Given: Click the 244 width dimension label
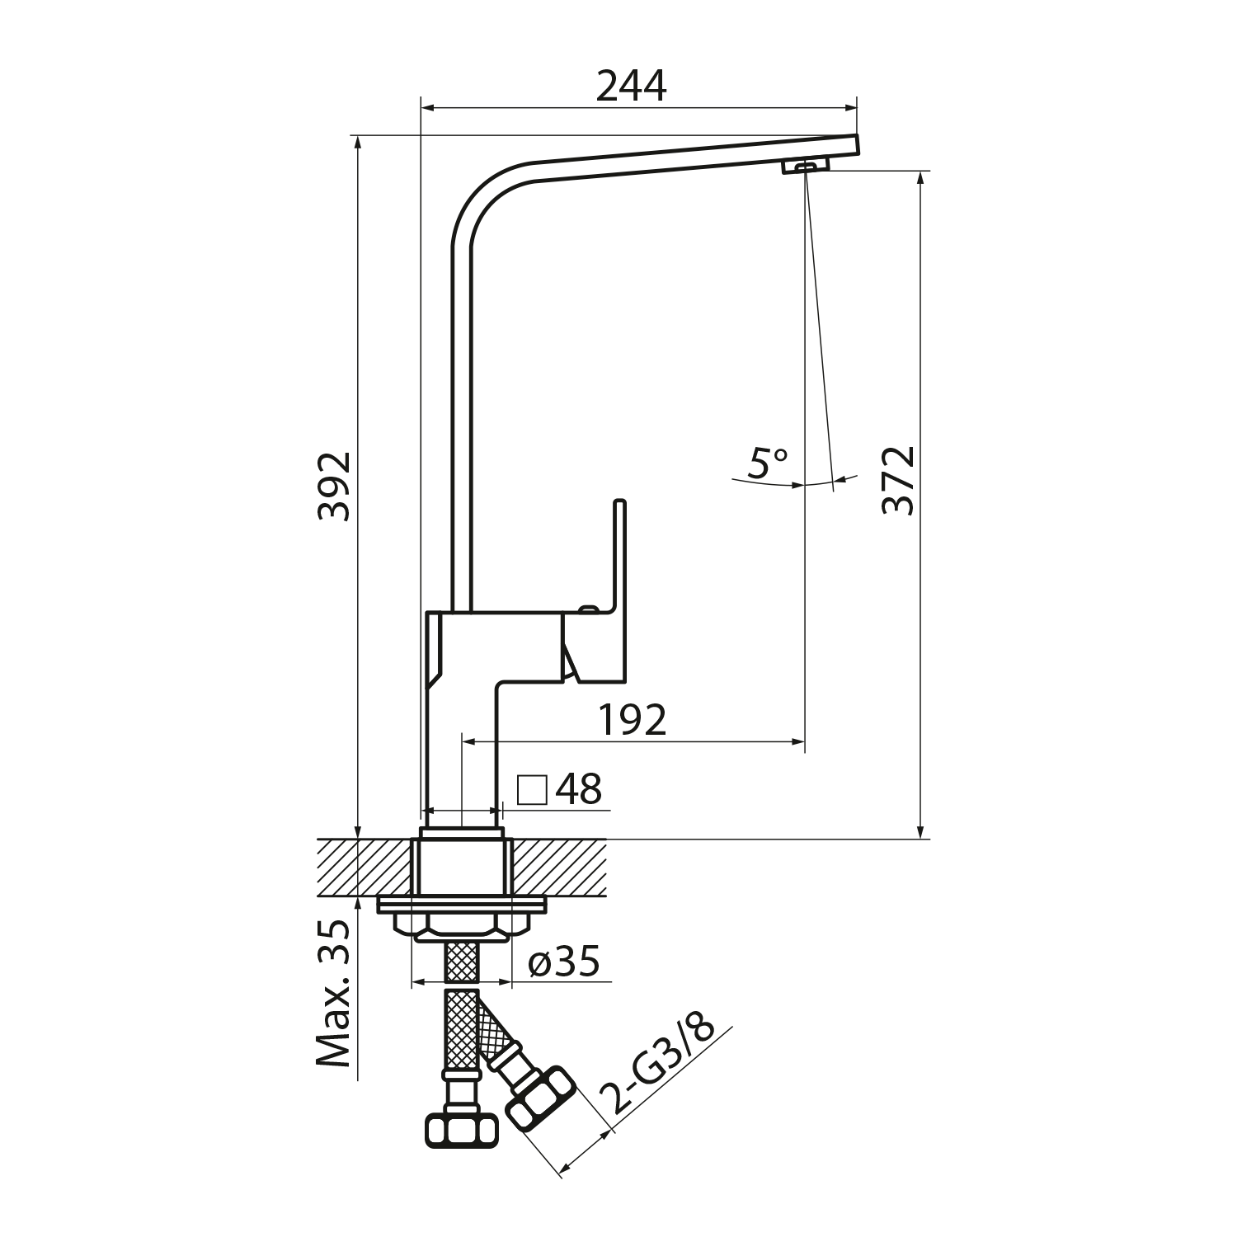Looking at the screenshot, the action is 631,85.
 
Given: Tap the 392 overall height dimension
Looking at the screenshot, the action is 335,487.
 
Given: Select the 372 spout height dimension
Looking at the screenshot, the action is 898,480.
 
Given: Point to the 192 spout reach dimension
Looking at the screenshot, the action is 632,721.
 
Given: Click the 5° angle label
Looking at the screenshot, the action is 767,463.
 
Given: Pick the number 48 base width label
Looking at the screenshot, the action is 579,789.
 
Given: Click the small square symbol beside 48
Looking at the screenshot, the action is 532,789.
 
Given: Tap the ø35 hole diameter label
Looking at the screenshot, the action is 564,962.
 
